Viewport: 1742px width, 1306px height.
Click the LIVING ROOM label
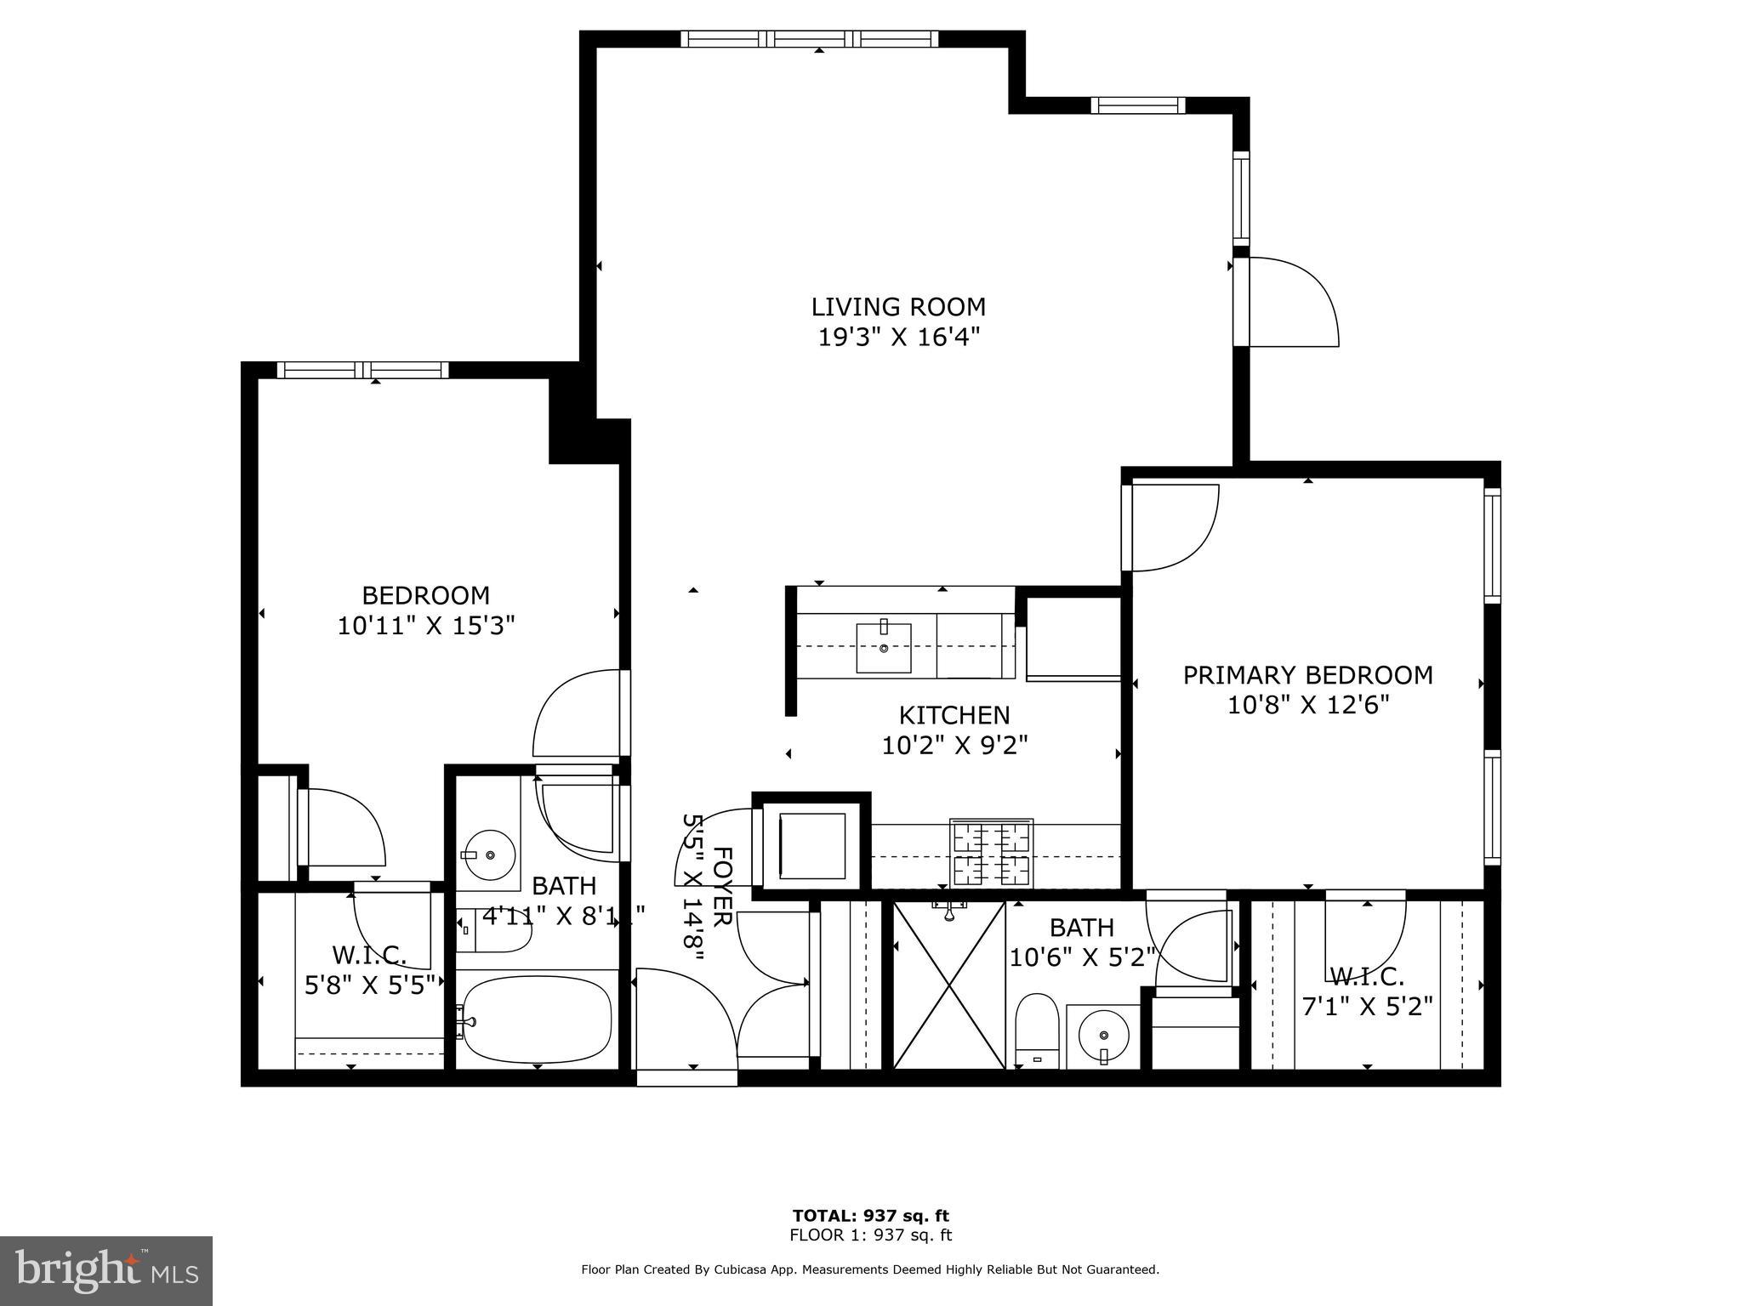click(x=898, y=307)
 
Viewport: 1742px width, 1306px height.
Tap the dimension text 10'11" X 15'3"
click(x=426, y=627)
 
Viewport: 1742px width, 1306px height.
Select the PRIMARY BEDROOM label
click(x=1307, y=675)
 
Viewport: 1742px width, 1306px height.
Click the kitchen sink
click(x=883, y=647)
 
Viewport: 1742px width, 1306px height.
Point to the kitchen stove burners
click(x=991, y=853)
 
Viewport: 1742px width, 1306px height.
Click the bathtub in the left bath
click(x=538, y=1019)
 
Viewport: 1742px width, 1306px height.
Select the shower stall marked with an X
click(x=948, y=985)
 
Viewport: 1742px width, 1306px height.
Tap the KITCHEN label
click(x=954, y=715)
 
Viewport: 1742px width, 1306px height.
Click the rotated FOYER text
click(x=721, y=886)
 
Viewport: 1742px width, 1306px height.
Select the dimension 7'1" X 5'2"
click(x=1367, y=1007)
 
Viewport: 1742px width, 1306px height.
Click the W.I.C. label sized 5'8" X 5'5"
click(x=369, y=956)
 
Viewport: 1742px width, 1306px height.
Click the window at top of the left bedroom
click(x=363, y=370)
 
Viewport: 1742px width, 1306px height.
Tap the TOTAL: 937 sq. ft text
click(x=870, y=1216)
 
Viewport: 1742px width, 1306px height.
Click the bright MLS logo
click(x=106, y=1271)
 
